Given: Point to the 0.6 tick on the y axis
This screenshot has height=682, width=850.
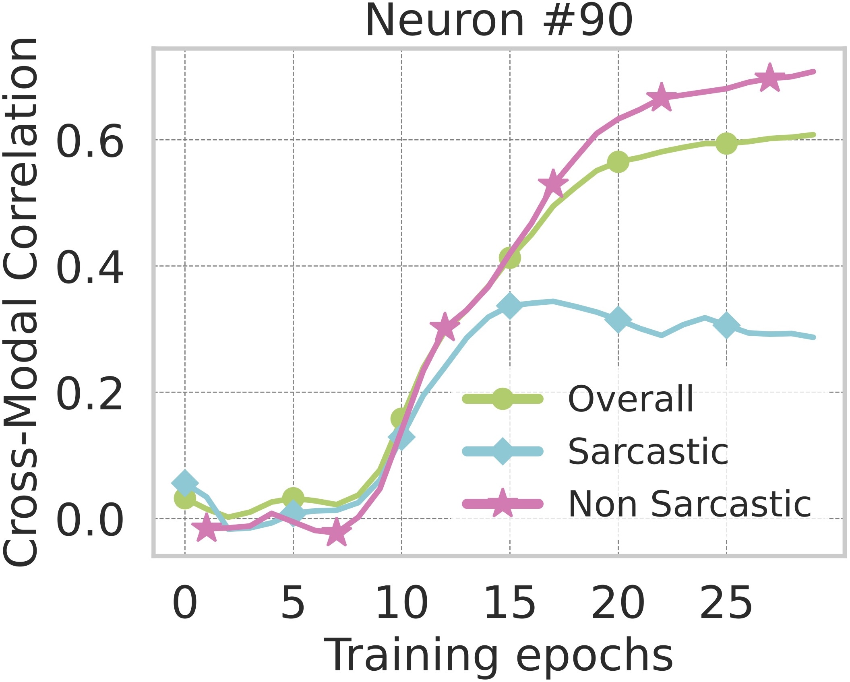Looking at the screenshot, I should (89, 141).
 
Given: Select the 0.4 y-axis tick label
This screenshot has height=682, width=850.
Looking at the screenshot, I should (89, 267).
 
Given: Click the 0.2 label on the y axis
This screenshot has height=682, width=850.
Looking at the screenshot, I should (89, 393).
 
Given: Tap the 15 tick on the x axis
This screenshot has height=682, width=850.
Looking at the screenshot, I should (510, 603).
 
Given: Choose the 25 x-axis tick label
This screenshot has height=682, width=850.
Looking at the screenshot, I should (726, 603).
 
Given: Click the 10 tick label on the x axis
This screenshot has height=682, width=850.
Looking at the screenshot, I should (401, 603).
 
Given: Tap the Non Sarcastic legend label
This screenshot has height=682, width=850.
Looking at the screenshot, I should (689, 504).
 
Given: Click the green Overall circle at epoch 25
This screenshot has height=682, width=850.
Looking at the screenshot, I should (726, 143).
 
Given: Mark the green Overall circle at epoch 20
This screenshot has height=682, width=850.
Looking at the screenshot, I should (618, 161).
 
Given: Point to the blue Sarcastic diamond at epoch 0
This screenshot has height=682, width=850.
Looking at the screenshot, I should (185, 483).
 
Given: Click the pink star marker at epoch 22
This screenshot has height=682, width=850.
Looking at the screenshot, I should (661, 97).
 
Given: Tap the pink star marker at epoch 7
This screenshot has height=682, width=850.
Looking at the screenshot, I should (336, 532).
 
